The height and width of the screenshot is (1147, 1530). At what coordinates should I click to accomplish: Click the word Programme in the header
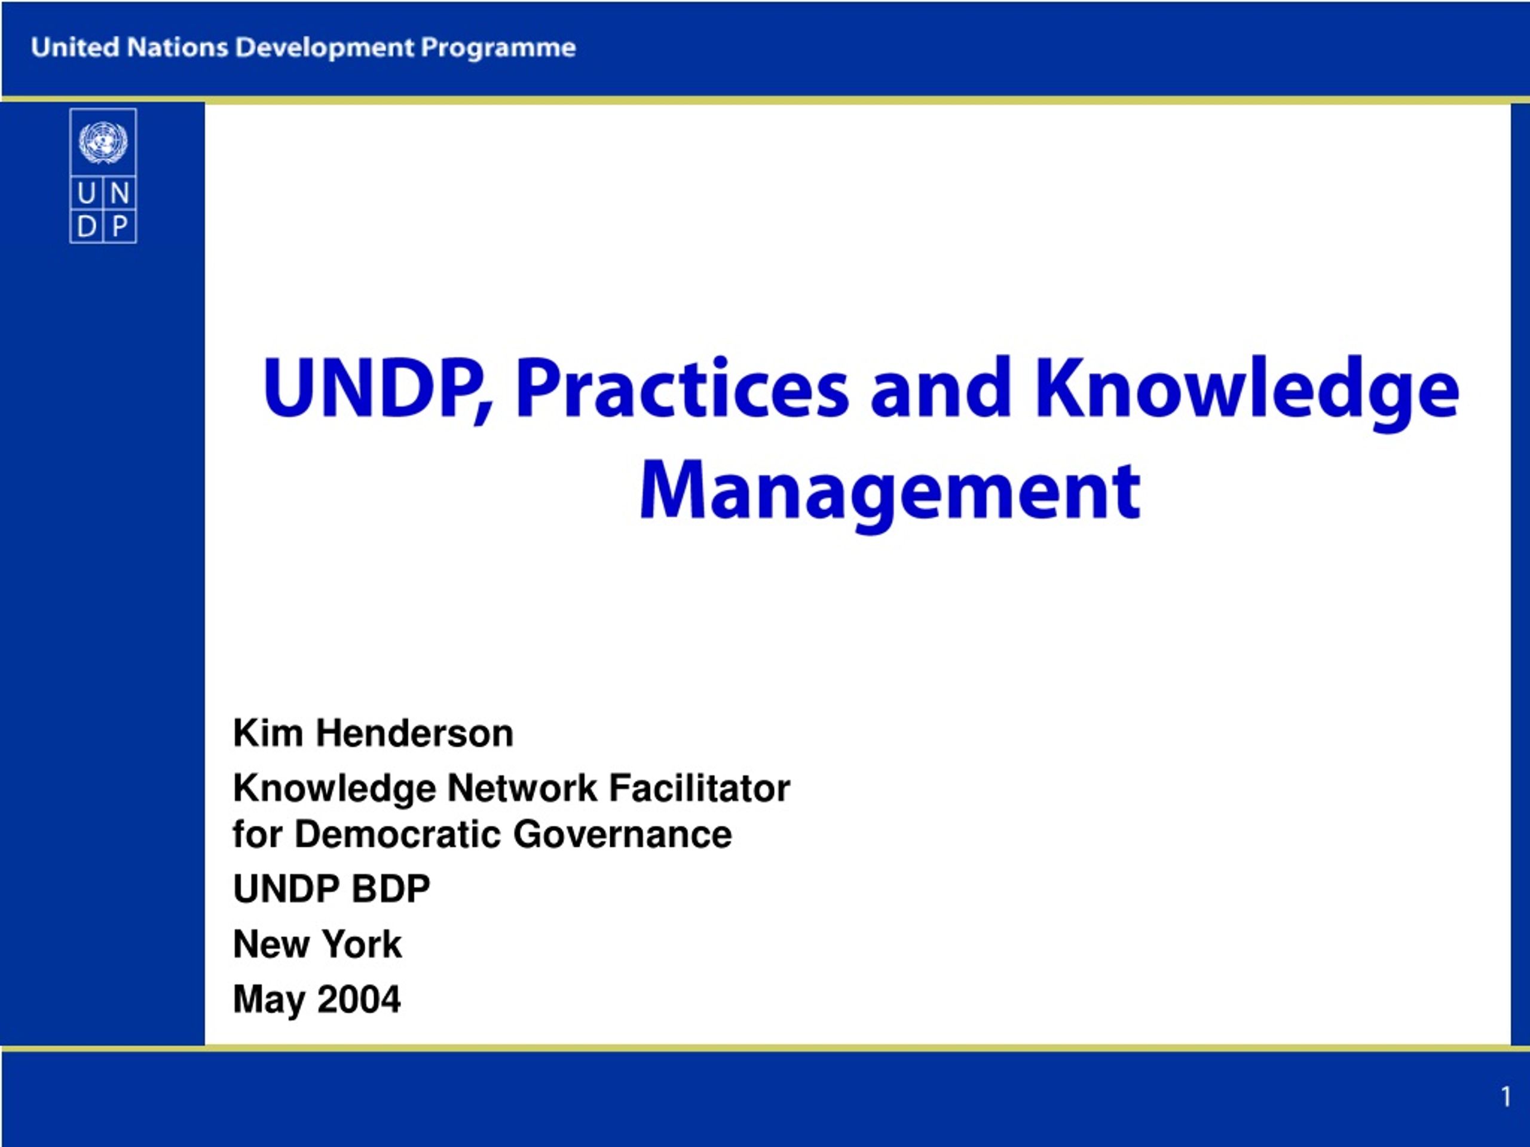498,48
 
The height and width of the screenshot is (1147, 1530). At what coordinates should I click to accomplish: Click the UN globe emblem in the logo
103,142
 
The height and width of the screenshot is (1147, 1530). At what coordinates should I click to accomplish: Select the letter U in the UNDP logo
87,194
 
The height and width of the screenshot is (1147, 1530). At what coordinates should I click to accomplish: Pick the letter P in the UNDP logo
120,226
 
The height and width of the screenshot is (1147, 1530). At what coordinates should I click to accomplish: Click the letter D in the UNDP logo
87,226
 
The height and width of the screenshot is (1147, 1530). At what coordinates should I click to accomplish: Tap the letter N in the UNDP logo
120,194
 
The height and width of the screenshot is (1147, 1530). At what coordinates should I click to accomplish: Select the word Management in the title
890,493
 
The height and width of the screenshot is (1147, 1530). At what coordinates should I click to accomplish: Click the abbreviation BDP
391,888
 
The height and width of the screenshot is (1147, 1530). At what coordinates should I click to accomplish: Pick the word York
362,944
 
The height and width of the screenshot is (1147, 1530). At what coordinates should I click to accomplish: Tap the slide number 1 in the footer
1505,1097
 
